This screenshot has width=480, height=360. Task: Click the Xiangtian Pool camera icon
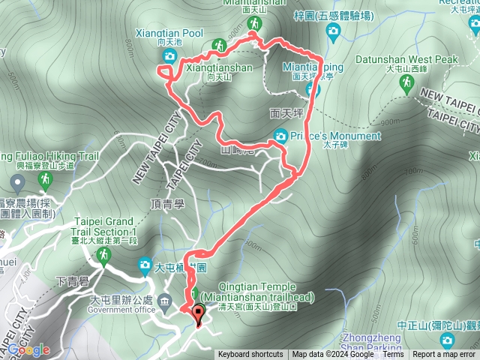point(169,56)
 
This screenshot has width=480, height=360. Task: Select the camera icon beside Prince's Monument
point(280,136)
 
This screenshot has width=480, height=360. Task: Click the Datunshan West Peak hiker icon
point(407,83)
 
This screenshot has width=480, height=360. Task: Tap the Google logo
point(28,349)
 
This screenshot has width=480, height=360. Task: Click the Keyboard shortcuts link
point(250,355)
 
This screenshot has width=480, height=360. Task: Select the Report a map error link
point(444,355)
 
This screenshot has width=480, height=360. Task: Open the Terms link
point(393,355)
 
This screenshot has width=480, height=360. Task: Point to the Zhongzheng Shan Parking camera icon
point(448,340)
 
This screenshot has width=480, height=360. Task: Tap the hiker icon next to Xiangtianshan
point(219,45)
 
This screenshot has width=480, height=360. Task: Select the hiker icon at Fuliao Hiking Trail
point(46,179)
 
